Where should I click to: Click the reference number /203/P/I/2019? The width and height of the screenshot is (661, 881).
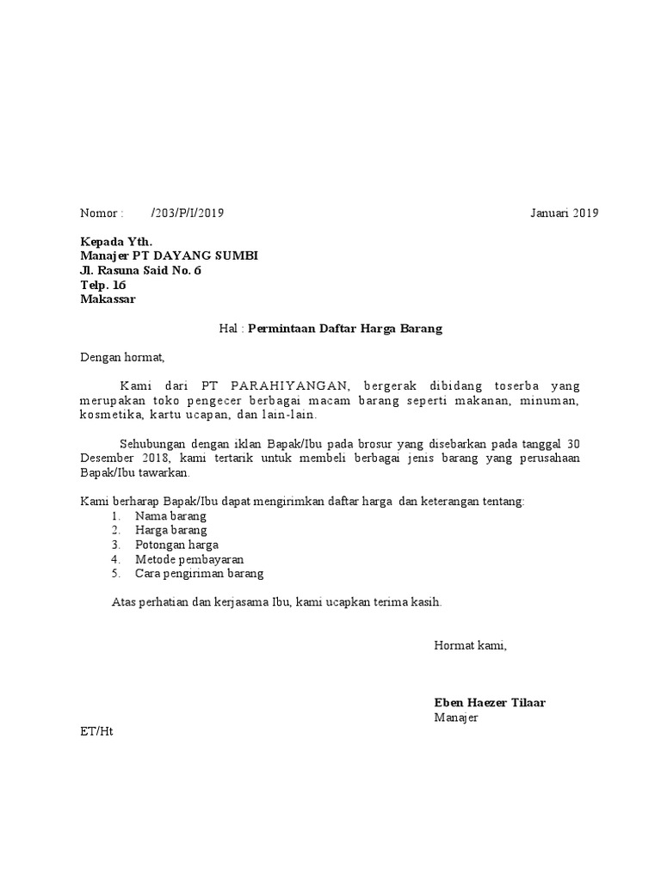click(187, 213)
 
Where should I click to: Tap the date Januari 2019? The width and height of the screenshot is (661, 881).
click(564, 213)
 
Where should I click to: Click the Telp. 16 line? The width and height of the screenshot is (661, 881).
click(102, 286)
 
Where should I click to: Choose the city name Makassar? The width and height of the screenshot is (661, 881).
click(108, 299)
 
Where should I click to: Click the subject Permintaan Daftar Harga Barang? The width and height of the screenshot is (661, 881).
click(345, 329)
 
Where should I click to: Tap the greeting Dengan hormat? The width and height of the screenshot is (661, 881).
click(121, 356)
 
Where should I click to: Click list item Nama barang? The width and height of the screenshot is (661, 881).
click(170, 516)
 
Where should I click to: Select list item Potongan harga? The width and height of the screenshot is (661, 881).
click(176, 545)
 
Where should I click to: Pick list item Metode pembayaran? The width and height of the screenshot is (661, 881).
click(189, 559)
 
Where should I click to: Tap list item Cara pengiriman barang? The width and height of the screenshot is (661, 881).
click(199, 574)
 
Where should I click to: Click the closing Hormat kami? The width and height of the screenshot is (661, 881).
click(470, 645)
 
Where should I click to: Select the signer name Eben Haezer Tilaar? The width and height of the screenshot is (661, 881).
click(489, 703)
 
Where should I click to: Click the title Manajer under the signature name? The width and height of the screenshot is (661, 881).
click(456, 718)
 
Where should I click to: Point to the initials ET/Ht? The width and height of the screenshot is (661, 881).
click(96, 732)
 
